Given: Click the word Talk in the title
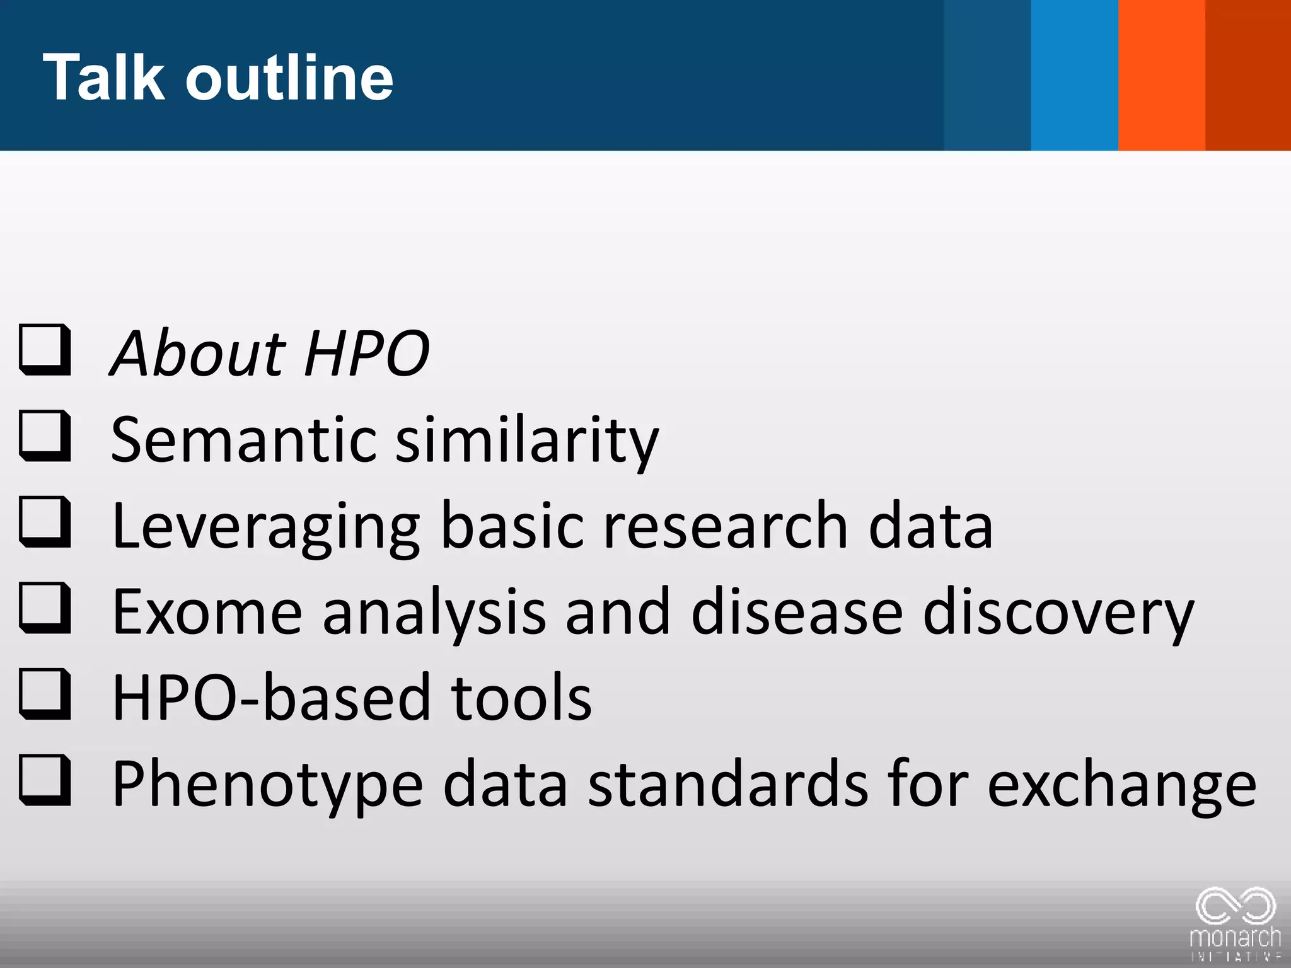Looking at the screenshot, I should (103, 77).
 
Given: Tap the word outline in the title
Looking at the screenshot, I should (289, 77).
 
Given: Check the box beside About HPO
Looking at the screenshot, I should (44, 350).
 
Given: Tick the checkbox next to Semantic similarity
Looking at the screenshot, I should (44, 436).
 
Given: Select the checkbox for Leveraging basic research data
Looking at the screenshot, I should (44, 522).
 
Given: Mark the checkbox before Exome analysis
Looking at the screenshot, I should (44, 609).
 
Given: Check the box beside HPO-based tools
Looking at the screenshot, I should (44, 695).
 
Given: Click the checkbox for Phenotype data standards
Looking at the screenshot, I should (44, 781).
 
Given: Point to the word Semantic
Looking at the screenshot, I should (243, 439).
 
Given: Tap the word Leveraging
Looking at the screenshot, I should (265, 527).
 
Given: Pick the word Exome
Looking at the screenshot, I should (207, 612).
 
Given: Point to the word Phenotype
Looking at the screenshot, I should (267, 785).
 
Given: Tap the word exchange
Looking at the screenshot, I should (1121, 785).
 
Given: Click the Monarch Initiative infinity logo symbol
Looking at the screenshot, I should (1236, 907).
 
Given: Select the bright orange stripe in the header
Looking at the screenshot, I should (1162, 74).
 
